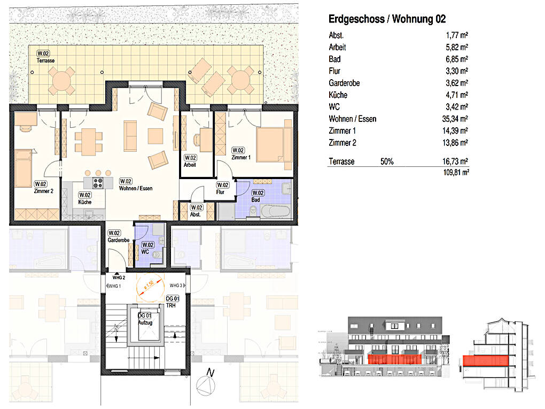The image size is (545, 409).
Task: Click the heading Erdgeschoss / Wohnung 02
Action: point(386,19)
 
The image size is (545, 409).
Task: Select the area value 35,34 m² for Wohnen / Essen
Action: point(452,119)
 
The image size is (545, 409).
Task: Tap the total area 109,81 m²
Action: point(454,172)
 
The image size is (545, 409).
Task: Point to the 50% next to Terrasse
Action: point(387,161)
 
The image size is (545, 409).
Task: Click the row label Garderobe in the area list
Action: point(344,83)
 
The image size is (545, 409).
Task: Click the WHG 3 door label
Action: point(176,285)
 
